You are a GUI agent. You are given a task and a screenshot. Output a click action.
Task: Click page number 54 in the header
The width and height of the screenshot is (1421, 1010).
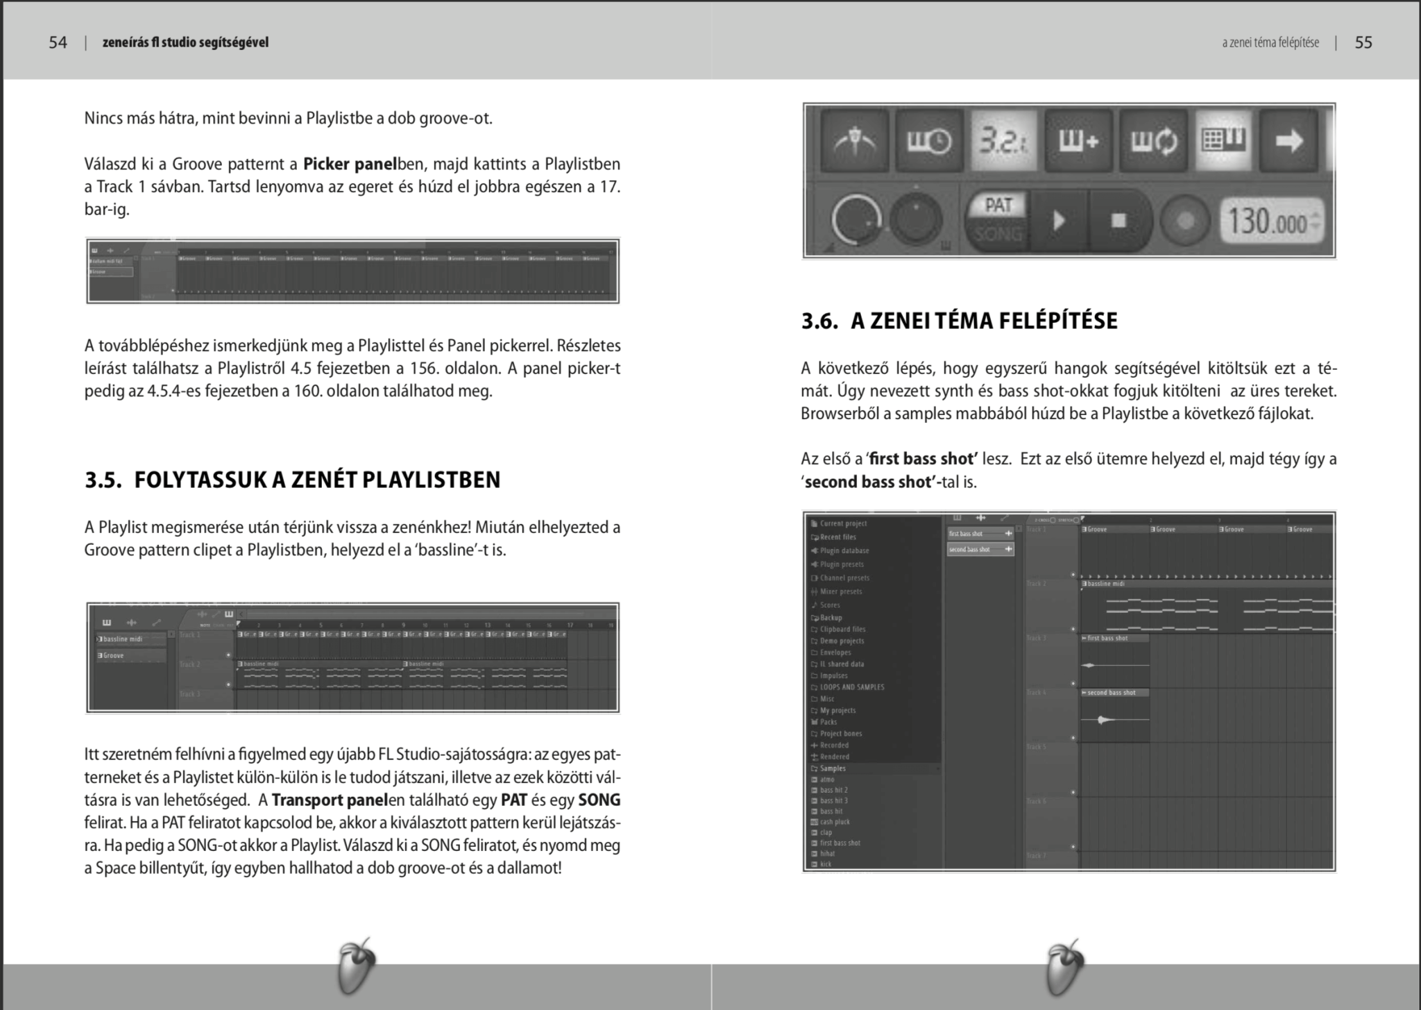tap(58, 42)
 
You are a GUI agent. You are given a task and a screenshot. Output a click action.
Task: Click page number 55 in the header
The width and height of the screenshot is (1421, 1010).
tap(1363, 42)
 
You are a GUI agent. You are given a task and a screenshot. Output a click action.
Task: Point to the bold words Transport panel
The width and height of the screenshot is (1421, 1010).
tap(330, 800)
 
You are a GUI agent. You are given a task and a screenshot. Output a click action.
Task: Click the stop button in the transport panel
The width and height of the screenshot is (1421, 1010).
tap(1118, 221)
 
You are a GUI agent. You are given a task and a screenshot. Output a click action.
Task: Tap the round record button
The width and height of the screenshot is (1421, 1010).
tap(1185, 221)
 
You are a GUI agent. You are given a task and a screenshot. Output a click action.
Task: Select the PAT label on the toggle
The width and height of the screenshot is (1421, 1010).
tap(998, 205)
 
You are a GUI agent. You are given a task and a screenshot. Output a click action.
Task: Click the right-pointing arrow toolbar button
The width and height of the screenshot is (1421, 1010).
tap(1289, 141)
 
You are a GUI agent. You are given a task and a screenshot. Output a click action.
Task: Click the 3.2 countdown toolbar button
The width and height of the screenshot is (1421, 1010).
tap(1003, 141)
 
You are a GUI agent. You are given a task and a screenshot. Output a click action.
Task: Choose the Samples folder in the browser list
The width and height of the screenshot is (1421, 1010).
tap(833, 768)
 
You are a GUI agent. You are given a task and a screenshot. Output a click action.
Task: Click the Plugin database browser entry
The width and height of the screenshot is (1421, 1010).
tap(844, 550)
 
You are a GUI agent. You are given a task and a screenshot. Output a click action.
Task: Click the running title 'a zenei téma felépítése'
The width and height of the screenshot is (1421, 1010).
tap(1270, 42)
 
